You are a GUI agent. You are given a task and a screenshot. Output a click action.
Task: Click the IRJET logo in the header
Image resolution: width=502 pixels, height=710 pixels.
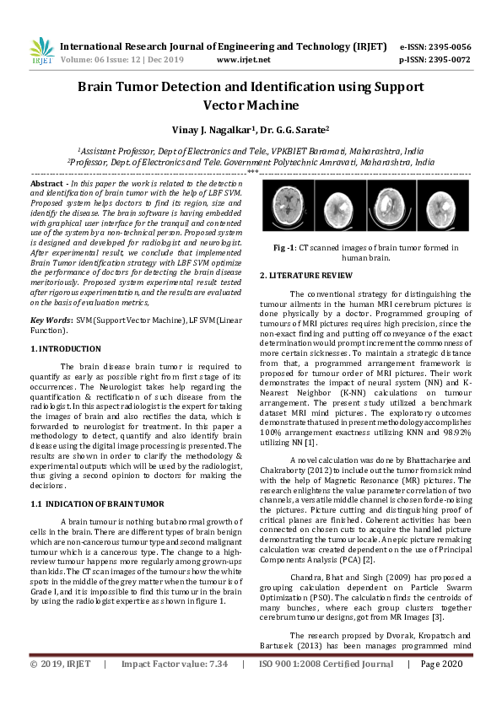[40, 52]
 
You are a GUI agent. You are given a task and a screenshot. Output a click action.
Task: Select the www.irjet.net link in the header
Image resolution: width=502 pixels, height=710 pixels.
[243, 60]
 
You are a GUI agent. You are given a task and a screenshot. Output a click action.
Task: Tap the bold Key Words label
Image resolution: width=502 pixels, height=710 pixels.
[50, 321]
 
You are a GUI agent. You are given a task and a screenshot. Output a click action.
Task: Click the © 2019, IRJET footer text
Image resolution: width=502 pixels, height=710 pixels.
[60, 689]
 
